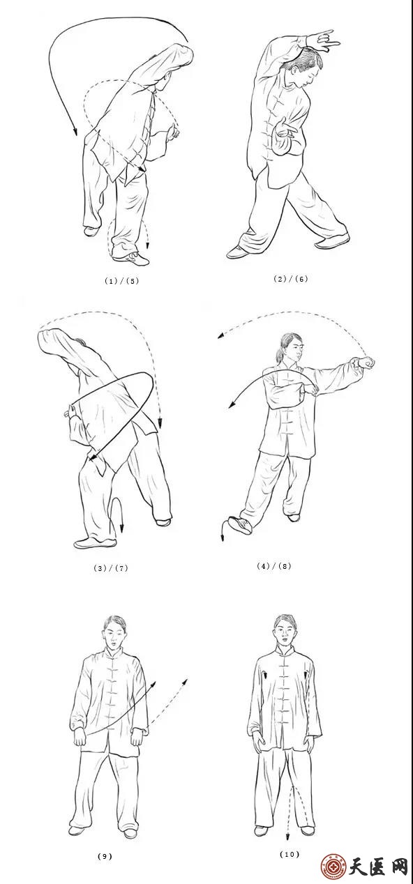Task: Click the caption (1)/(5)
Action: tap(122, 280)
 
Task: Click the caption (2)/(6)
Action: tap(291, 279)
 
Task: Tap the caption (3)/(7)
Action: tap(111, 568)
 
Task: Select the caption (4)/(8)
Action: tap(274, 565)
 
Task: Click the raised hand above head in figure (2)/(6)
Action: tap(323, 41)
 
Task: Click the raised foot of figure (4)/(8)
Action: tap(241, 525)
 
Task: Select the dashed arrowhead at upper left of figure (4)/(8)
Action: tap(221, 336)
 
